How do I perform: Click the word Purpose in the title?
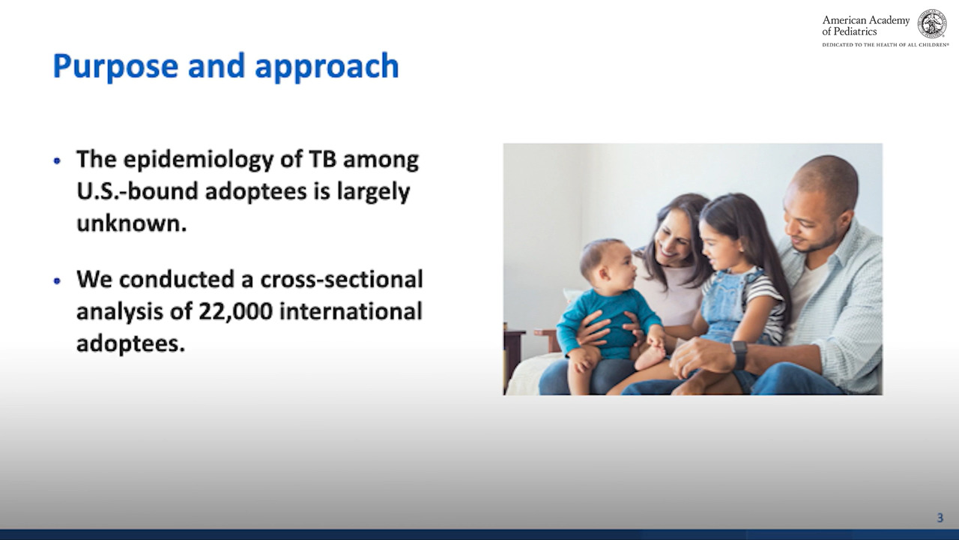pyautogui.click(x=115, y=67)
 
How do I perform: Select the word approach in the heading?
pyautogui.click(x=327, y=67)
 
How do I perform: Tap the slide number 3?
pyautogui.click(x=940, y=517)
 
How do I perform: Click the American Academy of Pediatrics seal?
pyautogui.click(x=931, y=24)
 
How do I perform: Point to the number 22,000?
pyautogui.click(x=235, y=311)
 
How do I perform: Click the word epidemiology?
pyautogui.click(x=199, y=160)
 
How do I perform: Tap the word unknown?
pyautogui.click(x=132, y=223)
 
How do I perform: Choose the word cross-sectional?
pyautogui.click(x=342, y=279)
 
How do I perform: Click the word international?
pyautogui.click(x=351, y=311)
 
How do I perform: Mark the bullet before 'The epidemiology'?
pyautogui.click(x=57, y=161)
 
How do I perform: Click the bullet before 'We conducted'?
pyautogui.click(x=57, y=281)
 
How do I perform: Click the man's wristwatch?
pyautogui.click(x=739, y=355)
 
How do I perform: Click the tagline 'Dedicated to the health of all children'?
pyautogui.click(x=886, y=44)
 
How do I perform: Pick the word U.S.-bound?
pyautogui.click(x=137, y=191)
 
